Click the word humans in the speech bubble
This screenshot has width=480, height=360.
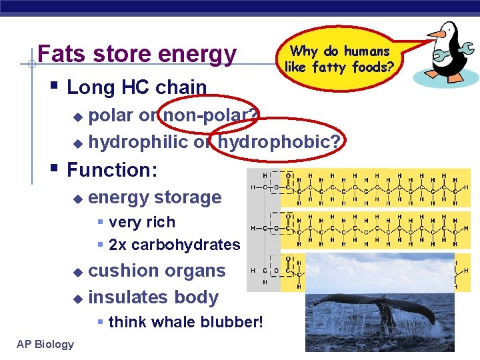367,51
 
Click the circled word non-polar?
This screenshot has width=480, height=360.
210,115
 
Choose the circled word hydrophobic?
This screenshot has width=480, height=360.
280,142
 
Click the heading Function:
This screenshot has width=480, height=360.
112,169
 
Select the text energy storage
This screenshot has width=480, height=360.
155,197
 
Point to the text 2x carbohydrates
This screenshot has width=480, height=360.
174,245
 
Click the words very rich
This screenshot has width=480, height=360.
141,222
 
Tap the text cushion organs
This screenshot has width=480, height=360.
157,271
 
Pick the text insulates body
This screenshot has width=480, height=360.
153,297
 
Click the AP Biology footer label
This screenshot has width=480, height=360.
46,344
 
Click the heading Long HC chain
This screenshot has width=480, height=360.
137,87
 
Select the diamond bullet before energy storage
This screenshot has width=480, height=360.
78,198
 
